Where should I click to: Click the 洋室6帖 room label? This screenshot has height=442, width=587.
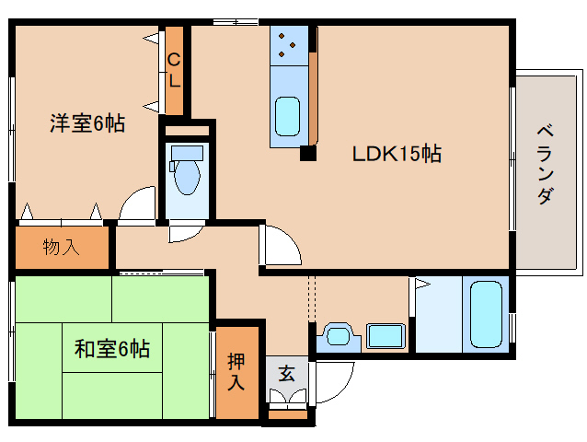click(x=86, y=123)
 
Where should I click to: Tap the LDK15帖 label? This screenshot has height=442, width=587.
click(x=397, y=154)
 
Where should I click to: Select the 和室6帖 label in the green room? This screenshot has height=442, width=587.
click(x=111, y=349)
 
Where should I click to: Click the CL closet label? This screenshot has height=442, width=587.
click(x=174, y=70)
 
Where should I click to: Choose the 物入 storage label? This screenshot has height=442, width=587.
click(x=61, y=246)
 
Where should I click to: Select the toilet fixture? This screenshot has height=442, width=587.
click(x=188, y=179)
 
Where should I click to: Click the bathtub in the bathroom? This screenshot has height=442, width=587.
click(x=486, y=316)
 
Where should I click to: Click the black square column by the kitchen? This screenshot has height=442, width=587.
click(x=307, y=153)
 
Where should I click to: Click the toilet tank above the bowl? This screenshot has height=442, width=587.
click(x=187, y=153)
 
